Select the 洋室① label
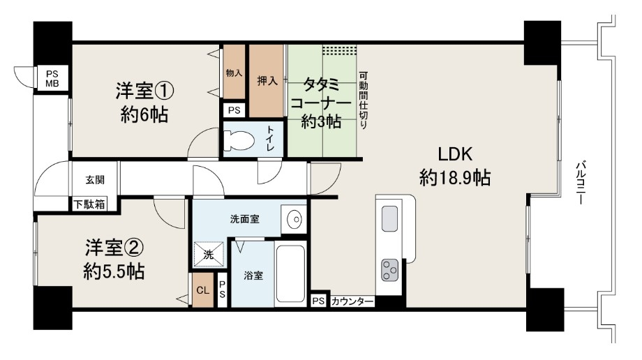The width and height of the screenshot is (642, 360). click(x=145, y=91)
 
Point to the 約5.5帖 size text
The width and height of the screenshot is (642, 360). click(x=114, y=271)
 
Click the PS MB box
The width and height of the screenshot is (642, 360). click(x=52, y=79)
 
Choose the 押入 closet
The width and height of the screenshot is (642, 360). click(x=267, y=81)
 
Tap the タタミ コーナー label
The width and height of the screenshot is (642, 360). click(x=322, y=93)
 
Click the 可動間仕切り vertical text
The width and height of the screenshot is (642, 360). click(x=363, y=100)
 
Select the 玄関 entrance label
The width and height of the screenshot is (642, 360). click(x=95, y=180)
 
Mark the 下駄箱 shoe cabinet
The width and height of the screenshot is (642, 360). click(x=89, y=204)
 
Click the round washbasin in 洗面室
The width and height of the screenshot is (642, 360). click(x=294, y=220)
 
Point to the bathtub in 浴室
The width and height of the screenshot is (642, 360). click(x=291, y=273)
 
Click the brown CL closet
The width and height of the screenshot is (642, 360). click(x=203, y=290)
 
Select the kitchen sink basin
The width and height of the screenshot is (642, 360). click(x=389, y=218)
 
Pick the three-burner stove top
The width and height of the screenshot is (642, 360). click(x=390, y=270)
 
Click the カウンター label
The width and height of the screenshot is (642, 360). click(x=352, y=302)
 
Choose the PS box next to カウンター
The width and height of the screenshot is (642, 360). click(x=318, y=301)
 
